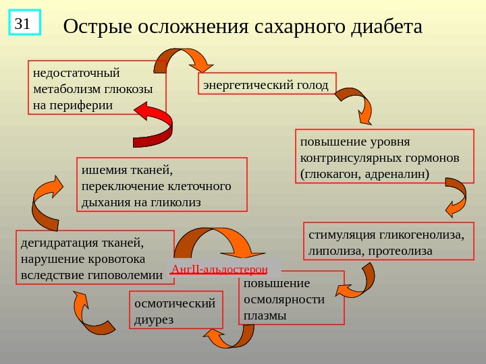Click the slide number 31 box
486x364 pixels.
[24, 22]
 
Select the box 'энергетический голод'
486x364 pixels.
[266, 84]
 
